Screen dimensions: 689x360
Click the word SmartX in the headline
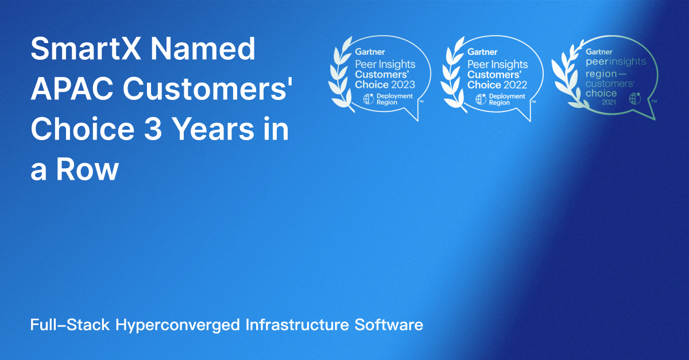pyautogui.click(x=86, y=49)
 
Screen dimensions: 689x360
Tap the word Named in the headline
pyautogui.click(x=203, y=49)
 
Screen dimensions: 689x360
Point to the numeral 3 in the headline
pyautogui.click(x=153, y=129)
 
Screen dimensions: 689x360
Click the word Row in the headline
pyautogui.click(x=87, y=169)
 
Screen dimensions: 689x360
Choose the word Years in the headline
pyautogui.click(x=213, y=129)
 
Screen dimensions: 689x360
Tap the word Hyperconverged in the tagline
pyautogui.click(x=177, y=325)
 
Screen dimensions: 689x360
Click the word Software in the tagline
pyautogui.click(x=389, y=325)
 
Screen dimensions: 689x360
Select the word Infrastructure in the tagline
pyautogui.click(x=297, y=325)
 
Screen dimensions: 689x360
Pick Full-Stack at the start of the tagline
pyautogui.click(x=70, y=325)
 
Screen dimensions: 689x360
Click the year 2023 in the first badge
pyautogui.click(x=401, y=84)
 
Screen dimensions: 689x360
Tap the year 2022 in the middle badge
pyautogui.click(x=514, y=85)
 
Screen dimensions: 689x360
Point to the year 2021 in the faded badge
pyautogui.click(x=609, y=102)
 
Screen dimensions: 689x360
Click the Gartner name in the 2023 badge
pyautogui.click(x=370, y=52)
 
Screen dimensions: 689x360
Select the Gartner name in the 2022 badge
pyautogui.click(x=482, y=52)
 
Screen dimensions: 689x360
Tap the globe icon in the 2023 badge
pyautogui.click(x=369, y=99)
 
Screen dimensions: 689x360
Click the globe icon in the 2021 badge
pyautogui.click(x=635, y=98)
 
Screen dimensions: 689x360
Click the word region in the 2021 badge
pyautogui.click(x=601, y=75)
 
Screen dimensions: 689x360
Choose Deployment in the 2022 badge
pyautogui.click(x=507, y=96)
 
